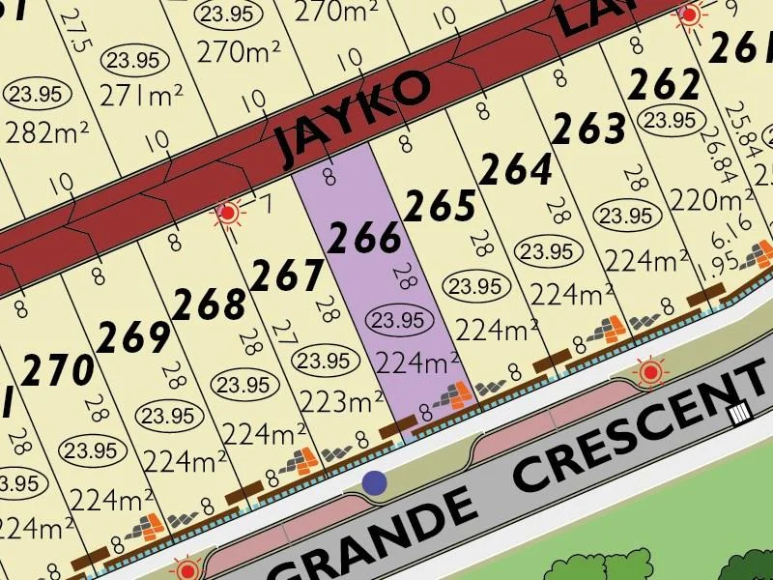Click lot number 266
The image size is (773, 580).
pyautogui.click(x=364, y=237)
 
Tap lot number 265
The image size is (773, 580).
pyautogui.click(x=440, y=206)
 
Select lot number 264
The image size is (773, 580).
pyautogui.click(x=516, y=170)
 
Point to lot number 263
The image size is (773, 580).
pyautogui.click(x=589, y=128)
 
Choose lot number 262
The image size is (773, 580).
pyautogui.click(x=664, y=85)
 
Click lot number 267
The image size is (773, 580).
pyautogui.click(x=287, y=276)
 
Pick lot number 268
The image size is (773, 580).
pyautogui.click(x=210, y=304)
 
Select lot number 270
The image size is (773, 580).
pyautogui.click(x=60, y=370)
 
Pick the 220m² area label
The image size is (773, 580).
pyautogui.click(x=713, y=199)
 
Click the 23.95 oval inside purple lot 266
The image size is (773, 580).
pyautogui.click(x=398, y=319)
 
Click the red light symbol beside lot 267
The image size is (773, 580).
pyautogui.click(x=229, y=213)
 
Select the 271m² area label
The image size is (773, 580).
pyautogui.click(x=141, y=94)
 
